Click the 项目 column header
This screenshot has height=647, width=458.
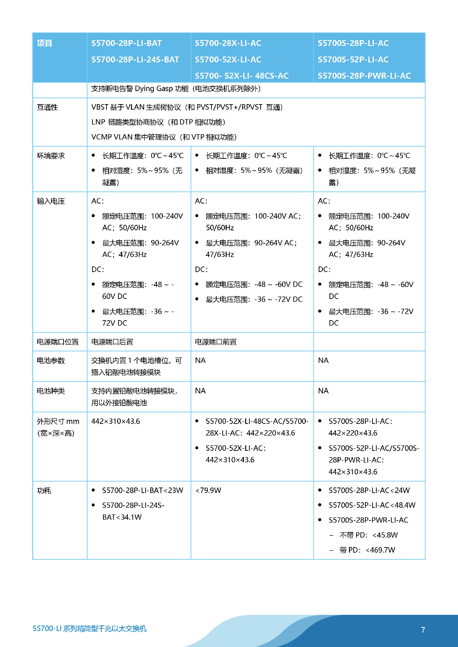[x=45, y=43]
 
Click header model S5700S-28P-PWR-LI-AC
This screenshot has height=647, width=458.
[x=364, y=76]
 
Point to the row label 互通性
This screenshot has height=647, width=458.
[x=47, y=107]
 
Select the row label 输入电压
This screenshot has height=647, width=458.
[x=51, y=201]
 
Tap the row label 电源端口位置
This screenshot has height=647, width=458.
[x=57, y=342]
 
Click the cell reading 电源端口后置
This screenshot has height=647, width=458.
[x=112, y=342]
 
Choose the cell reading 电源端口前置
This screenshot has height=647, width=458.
[x=215, y=342]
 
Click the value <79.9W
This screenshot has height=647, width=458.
[x=208, y=490]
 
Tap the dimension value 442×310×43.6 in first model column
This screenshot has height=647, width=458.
[x=115, y=421]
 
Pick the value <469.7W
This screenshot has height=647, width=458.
[x=380, y=550]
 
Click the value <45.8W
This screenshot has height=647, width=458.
[x=385, y=535]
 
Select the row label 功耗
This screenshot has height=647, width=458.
[x=44, y=491]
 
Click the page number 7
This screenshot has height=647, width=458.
[x=423, y=630]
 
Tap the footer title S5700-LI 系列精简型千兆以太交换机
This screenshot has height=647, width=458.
[x=89, y=628]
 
